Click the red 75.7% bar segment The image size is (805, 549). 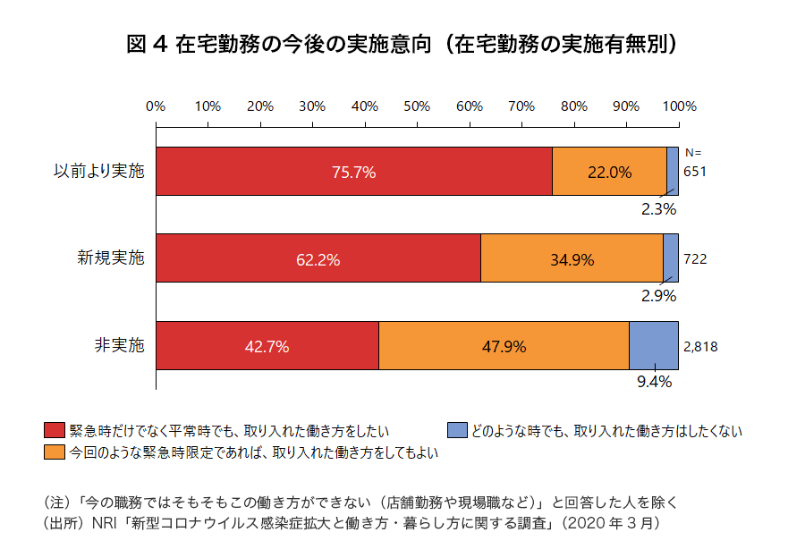353,172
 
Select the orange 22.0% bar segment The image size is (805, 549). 609,172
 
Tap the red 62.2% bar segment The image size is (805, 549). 318,259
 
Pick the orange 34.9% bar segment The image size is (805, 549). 572,259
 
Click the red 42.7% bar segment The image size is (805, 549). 267,346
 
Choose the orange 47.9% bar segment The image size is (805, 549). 504,346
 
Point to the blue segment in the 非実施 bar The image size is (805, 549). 653,345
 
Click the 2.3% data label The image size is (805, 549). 657,209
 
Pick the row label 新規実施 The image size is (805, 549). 110,258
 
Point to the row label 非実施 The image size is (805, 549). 119,345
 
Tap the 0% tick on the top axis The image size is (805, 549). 156,106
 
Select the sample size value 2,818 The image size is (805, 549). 700,346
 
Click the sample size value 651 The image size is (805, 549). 695,171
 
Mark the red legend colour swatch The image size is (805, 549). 55,431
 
